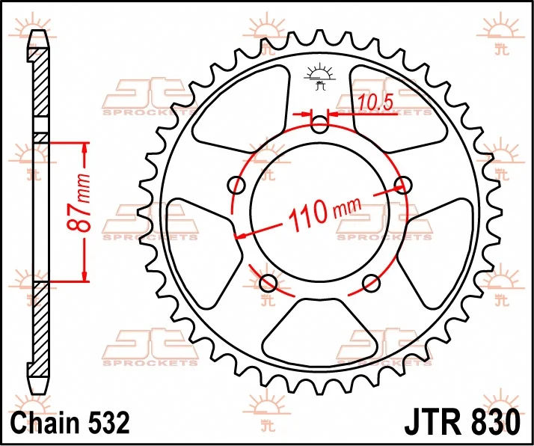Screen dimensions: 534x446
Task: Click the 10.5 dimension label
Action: pyautogui.click(x=375, y=103)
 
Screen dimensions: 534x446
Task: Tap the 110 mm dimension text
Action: pyautogui.click(x=325, y=213)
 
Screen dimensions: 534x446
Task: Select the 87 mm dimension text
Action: pyautogui.click(x=79, y=203)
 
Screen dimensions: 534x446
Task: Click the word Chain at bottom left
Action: pyautogui.click(x=45, y=423)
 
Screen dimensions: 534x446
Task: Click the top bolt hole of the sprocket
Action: pyautogui.click(x=320, y=125)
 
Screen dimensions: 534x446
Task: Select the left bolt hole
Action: pyautogui.click(x=236, y=186)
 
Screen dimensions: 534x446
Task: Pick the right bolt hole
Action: pyautogui.click(x=403, y=185)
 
